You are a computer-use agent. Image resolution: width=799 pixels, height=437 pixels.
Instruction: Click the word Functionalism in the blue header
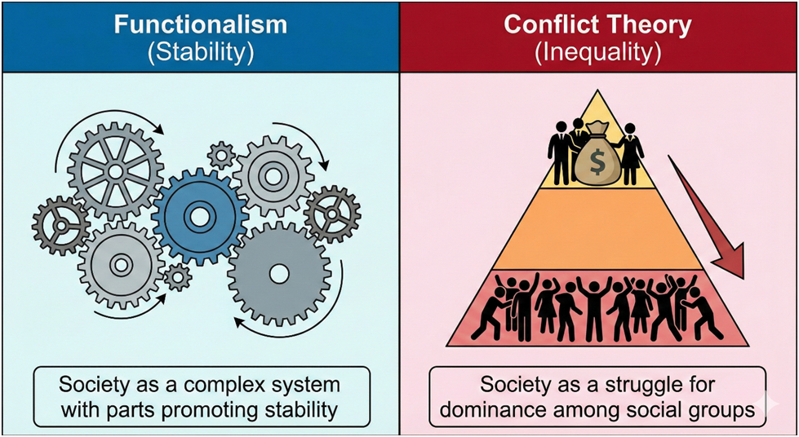coord(200,25)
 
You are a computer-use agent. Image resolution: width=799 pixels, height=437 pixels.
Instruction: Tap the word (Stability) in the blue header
coord(200,54)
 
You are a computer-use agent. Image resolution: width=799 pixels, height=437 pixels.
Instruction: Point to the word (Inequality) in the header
coord(598,54)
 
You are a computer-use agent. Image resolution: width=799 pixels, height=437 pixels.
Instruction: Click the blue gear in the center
coord(199,217)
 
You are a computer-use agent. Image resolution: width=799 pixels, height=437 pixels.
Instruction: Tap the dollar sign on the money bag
coord(597,162)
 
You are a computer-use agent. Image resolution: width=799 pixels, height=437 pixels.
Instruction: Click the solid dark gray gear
coord(279,274)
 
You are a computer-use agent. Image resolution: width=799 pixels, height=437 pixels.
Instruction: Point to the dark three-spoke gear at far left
coord(60,224)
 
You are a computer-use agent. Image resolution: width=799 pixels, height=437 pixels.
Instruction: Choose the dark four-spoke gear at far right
coord(332,214)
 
